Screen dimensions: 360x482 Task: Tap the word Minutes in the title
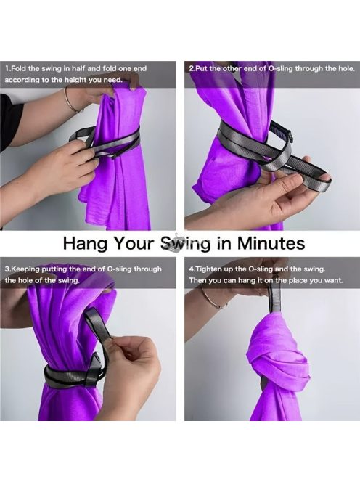point(271,242)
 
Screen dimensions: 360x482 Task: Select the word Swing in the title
point(186,244)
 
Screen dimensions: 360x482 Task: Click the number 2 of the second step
point(191,68)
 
